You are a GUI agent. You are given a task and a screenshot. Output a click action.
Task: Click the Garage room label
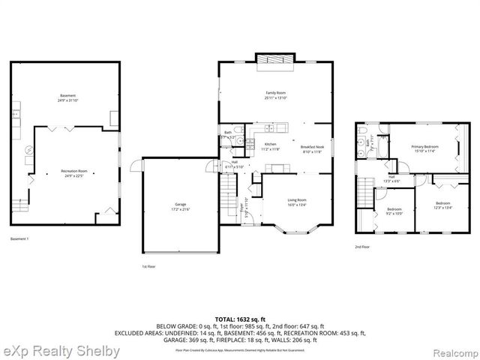point(180,205)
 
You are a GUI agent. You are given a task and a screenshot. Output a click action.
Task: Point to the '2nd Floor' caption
point(363,246)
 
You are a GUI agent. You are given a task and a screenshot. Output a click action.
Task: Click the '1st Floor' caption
point(148,266)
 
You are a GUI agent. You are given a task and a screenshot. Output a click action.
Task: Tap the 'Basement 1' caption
point(19,238)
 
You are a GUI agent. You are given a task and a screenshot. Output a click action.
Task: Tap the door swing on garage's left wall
point(135,165)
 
